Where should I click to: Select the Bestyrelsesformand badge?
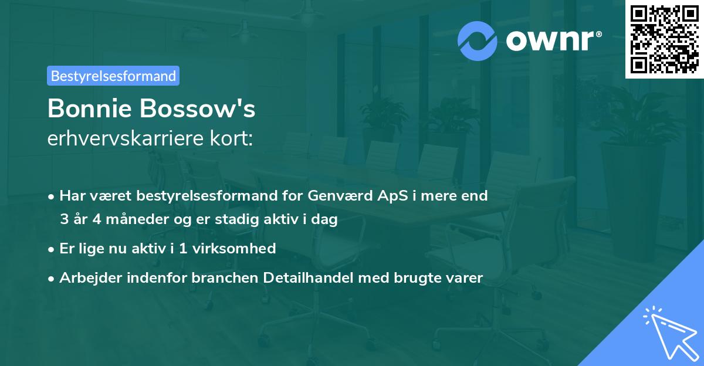point(113,76)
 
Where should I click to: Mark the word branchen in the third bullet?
point(218,278)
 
